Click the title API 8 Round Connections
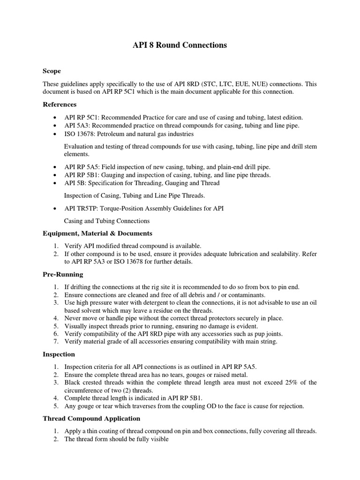pos(180,45)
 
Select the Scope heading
pos(52,71)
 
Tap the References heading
pos(60,104)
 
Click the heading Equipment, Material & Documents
pos(97,233)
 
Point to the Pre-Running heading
pos(63,274)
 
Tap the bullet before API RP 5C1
pos(56,118)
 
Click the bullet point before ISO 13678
pos(56,134)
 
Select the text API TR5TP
pos(81,208)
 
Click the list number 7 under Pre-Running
pos(55,341)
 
